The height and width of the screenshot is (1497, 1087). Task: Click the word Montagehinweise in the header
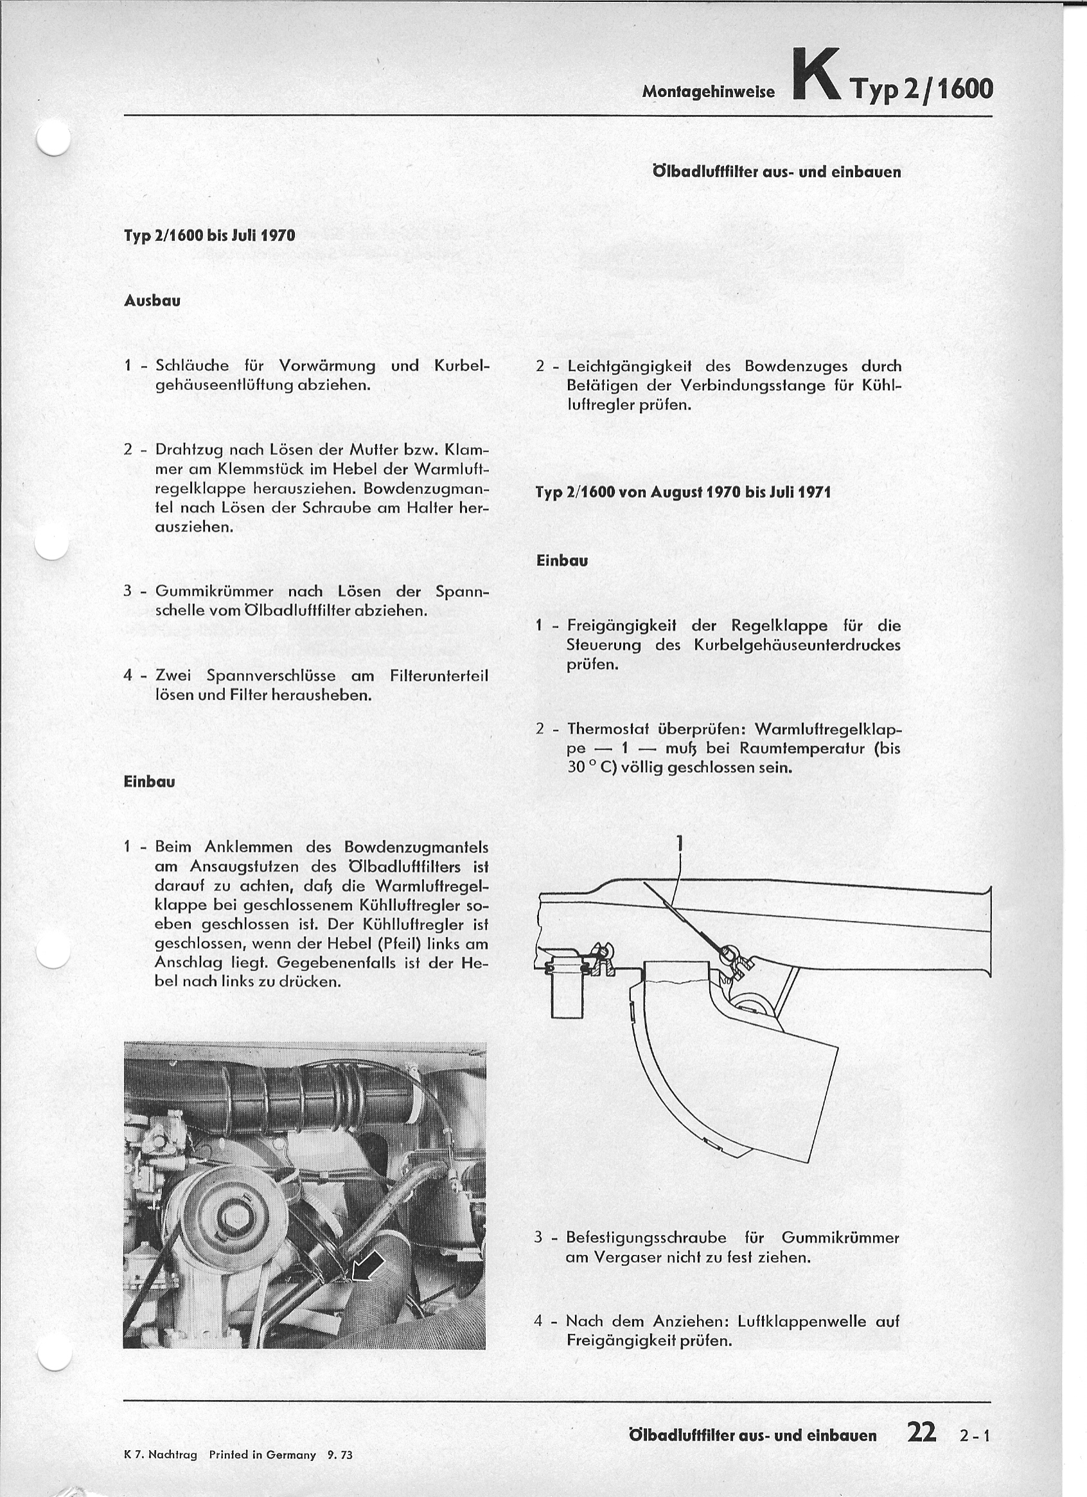(708, 92)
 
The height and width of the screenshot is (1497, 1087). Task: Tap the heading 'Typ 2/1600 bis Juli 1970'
(209, 235)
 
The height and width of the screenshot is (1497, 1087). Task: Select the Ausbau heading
(152, 300)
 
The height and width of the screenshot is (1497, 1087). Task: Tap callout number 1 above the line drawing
(680, 844)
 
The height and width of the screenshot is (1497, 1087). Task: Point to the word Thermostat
(608, 729)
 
